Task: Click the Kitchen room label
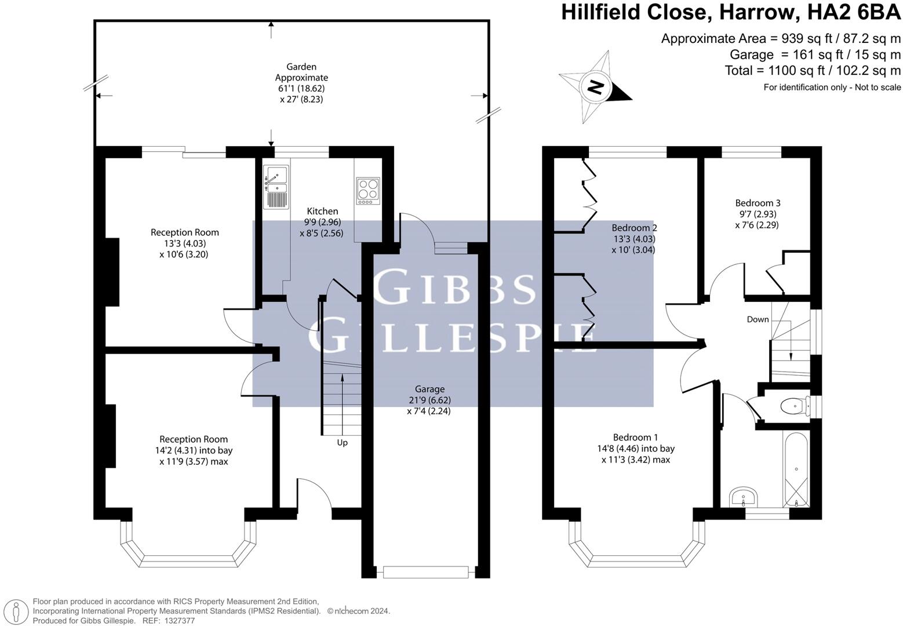(x=322, y=211)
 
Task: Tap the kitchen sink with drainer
(x=276, y=187)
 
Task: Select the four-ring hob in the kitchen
(x=368, y=191)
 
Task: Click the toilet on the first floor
(x=795, y=406)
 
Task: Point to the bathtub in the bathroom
(x=796, y=469)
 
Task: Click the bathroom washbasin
(x=744, y=498)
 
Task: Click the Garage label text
(x=429, y=389)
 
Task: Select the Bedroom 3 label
(x=758, y=203)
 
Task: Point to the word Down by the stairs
(x=758, y=319)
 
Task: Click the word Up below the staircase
(x=343, y=443)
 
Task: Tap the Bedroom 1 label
(x=635, y=438)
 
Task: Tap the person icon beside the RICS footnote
(x=16, y=612)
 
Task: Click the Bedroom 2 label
(x=633, y=228)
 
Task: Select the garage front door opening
(x=425, y=573)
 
